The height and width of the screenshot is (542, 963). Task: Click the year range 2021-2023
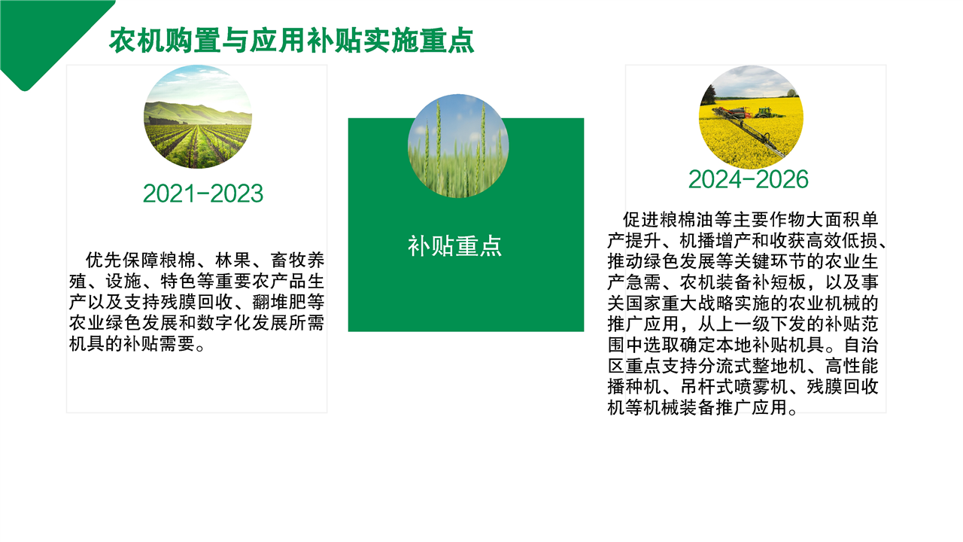pyautogui.click(x=203, y=193)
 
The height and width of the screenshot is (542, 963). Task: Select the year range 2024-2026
pyautogui.click(x=749, y=179)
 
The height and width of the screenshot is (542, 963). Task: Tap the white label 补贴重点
pyautogui.click(x=455, y=246)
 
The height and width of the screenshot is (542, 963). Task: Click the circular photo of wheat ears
pyautogui.click(x=458, y=146)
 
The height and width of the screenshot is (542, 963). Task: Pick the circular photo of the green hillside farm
pyautogui.click(x=198, y=117)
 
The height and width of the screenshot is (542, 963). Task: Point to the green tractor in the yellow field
pyautogui.click(x=764, y=113)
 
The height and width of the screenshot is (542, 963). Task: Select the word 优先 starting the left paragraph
pyautogui.click(x=104, y=260)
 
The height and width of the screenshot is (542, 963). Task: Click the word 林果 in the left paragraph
pyautogui.click(x=232, y=260)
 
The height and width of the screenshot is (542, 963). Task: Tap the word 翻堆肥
pyautogui.click(x=279, y=302)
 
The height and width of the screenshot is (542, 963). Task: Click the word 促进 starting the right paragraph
pyautogui.click(x=640, y=220)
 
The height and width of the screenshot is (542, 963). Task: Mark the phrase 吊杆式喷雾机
pyautogui.click(x=734, y=387)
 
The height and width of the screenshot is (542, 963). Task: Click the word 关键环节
pyautogui.click(x=752, y=261)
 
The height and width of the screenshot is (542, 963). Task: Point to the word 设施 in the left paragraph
pyautogui.click(x=123, y=282)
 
